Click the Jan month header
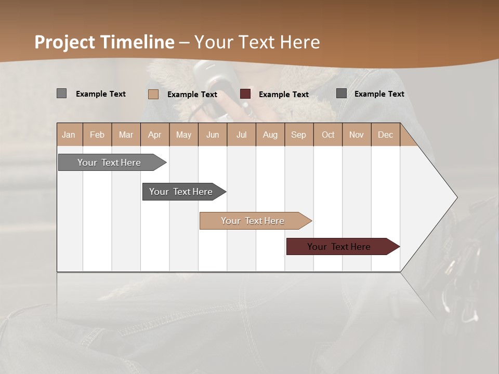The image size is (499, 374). [x=69, y=135]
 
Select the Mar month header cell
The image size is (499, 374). [x=126, y=135]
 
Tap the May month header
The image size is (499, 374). [x=183, y=135]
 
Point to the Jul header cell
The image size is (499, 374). [x=241, y=135]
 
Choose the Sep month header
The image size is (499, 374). [x=298, y=135]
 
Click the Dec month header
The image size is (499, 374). [x=385, y=135]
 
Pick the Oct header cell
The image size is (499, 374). [x=328, y=135]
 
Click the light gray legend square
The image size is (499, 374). [x=62, y=94]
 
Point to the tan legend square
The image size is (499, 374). [x=153, y=94]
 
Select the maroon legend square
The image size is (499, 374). [x=245, y=94]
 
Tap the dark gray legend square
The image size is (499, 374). [x=342, y=94]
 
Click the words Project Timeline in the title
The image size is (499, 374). [x=104, y=42]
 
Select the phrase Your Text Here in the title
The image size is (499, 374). [x=257, y=42]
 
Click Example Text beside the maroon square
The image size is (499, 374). [x=283, y=95]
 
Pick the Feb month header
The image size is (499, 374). [x=97, y=135]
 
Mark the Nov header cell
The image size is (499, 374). [x=357, y=135]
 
